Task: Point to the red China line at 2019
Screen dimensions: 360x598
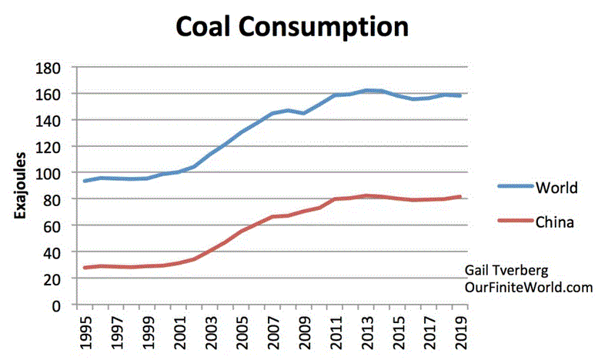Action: [460, 197]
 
